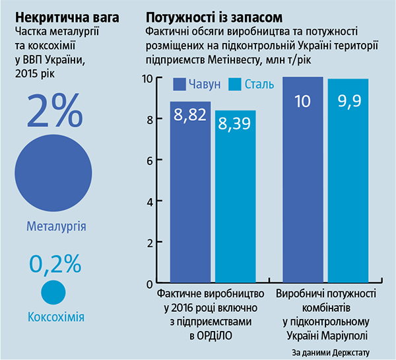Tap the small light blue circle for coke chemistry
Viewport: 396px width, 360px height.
54,291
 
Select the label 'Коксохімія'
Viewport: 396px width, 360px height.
56,318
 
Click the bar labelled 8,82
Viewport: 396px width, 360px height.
191,192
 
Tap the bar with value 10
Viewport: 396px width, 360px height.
303,178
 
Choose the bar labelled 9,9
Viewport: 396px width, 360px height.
348,180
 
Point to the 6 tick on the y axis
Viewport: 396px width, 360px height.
149,161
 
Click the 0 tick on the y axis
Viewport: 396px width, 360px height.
149,283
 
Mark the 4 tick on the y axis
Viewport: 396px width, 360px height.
149,201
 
